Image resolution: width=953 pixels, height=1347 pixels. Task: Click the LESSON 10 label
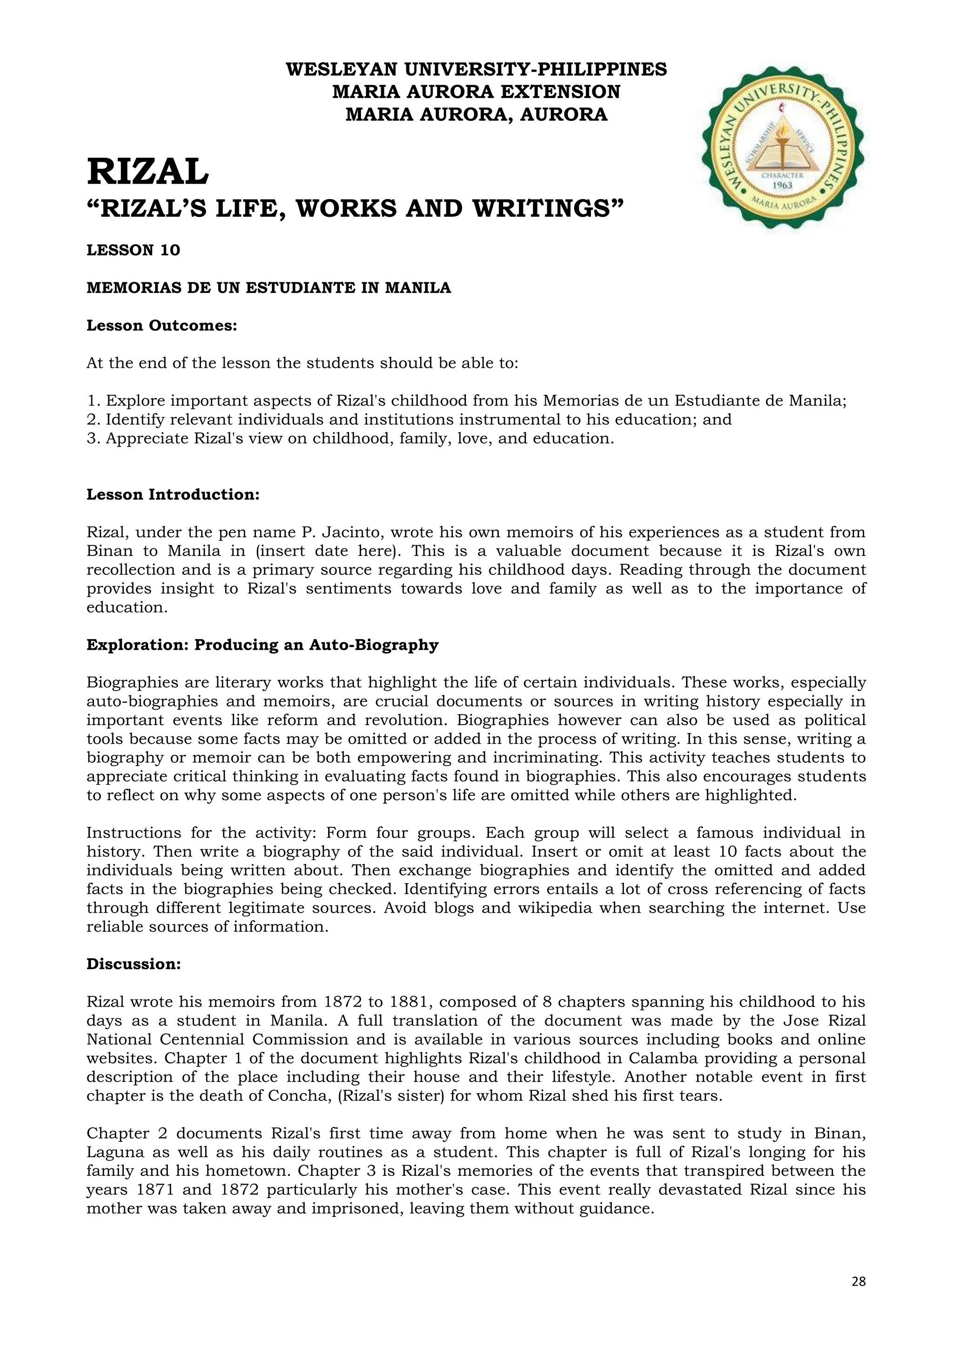(x=133, y=251)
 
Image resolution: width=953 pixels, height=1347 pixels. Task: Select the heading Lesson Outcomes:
(x=161, y=326)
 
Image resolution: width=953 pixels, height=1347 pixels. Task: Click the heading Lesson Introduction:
(x=173, y=494)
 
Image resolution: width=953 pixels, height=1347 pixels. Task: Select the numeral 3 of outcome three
(x=91, y=439)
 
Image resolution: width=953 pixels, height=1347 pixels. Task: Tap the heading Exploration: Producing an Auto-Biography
(x=262, y=645)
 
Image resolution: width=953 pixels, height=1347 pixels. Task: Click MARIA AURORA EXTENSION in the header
(x=476, y=92)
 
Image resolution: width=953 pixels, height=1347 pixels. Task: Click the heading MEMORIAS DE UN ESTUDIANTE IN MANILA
(x=269, y=288)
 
